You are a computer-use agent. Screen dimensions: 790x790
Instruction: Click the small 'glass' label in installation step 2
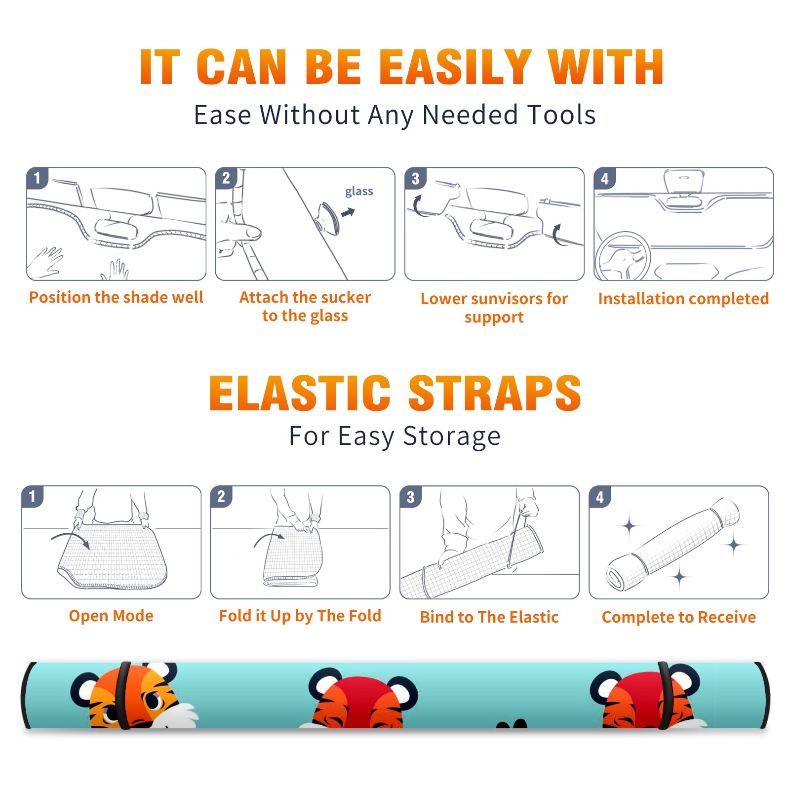[x=359, y=192]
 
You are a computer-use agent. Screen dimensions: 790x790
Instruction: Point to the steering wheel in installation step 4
[x=622, y=256]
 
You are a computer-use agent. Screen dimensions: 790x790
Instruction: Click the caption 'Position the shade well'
[x=116, y=297]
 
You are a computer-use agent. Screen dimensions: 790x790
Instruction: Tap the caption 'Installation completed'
[x=683, y=299]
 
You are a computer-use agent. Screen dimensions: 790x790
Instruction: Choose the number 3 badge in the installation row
[x=415, y=179]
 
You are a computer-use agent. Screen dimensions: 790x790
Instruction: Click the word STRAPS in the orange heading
[x=495, y=393]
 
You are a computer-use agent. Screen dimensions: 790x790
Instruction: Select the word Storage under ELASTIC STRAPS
[x=452, y=436]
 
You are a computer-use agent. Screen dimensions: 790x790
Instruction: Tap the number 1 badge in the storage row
[x=33, y=497]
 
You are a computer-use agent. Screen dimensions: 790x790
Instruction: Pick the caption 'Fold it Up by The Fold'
[x=300, y=616]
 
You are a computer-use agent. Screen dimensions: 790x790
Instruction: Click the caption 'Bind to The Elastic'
[x=489, y=617]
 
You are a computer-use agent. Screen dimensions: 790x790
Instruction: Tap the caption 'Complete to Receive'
[x=679, y=617]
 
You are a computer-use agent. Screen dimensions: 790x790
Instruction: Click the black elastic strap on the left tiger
[x=123, y=695]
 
